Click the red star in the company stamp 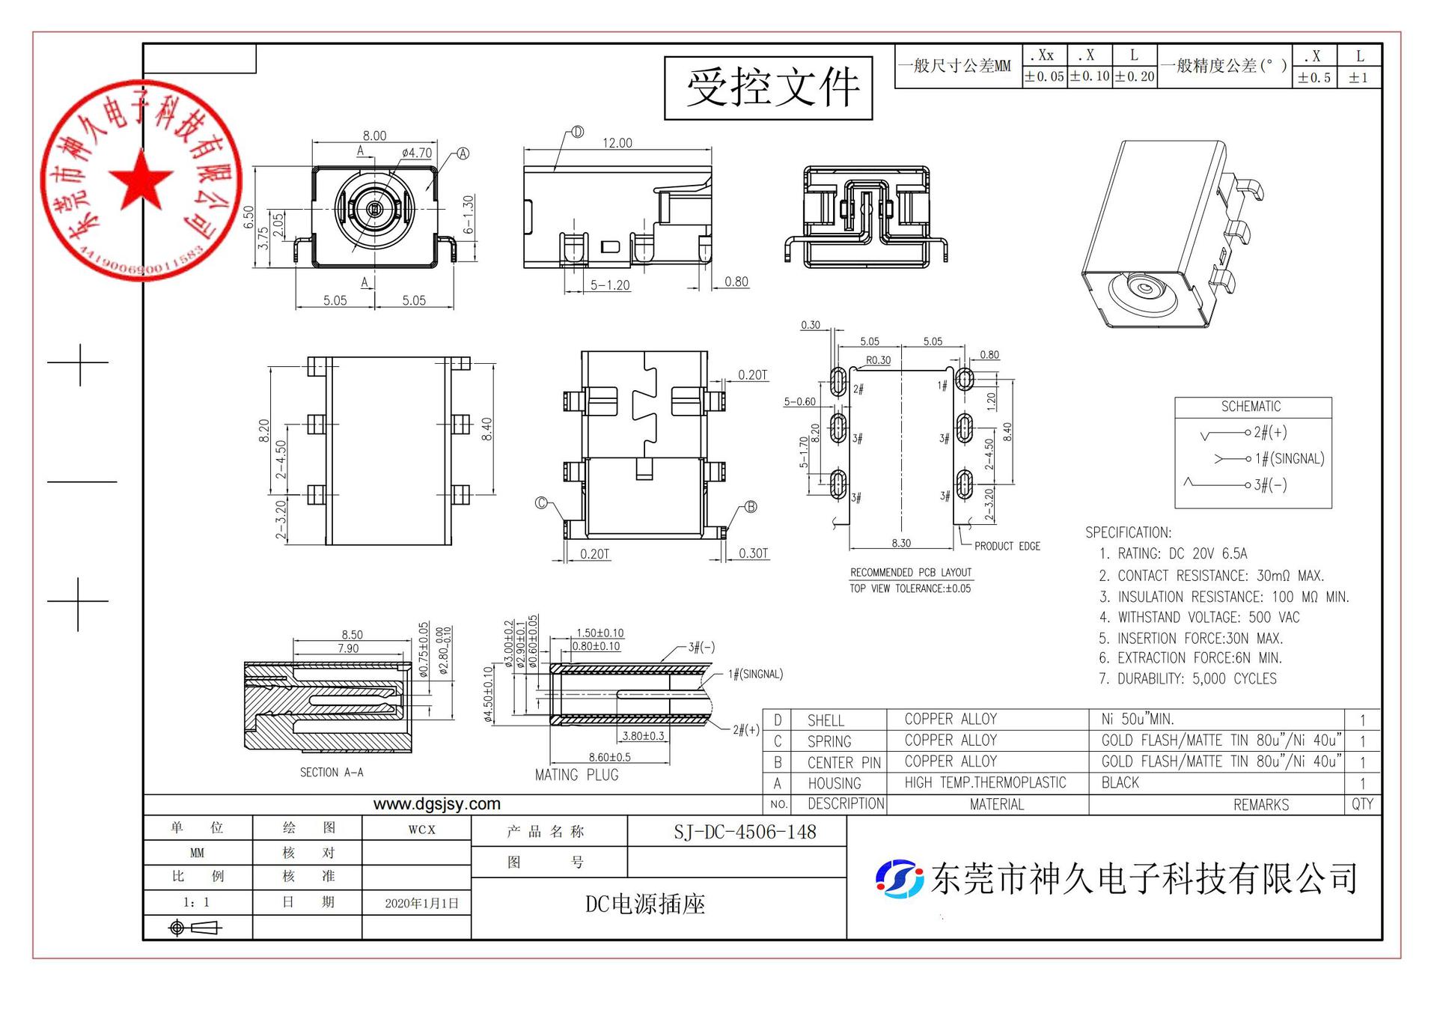click(x=141, y=180)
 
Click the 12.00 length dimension click(x=617, y=143)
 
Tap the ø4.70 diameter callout click(x=416, y=153)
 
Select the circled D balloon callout click(x=577, y=133)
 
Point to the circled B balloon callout click(x=751, y=507)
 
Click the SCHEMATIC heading click(x=1251, y=407)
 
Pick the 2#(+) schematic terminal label click(x=1270, y=432)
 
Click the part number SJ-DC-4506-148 click(x=745, y=832)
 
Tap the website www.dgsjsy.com click(x=436, y=804)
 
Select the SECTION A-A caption click(x=332, y=772)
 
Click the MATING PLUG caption click(x=576, y=775)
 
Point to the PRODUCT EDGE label click(x=1007, y=546)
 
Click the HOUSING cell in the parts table click(x=834, y=783)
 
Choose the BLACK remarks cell click(x=1120, y=782)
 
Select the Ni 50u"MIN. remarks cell click(x=1137, y=720)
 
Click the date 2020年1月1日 click(x=421, y=903)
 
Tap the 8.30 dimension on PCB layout click(x=901, y=543)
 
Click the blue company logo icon click(x=899, y=878)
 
